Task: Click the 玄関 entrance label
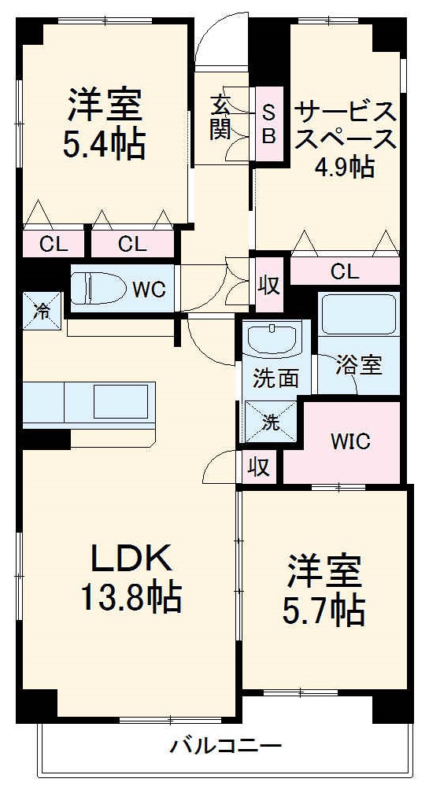tap(220, 116)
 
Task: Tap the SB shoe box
tap(268, 124)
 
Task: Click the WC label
tap(149, 290)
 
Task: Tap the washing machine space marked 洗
tap(270, 422)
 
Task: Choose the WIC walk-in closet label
tap(350, 441)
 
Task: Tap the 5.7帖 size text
tap(324, 610)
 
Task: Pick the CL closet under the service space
tap(345, 272)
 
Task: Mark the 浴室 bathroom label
tap(359, 365)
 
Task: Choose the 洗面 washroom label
tap(276, 378)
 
